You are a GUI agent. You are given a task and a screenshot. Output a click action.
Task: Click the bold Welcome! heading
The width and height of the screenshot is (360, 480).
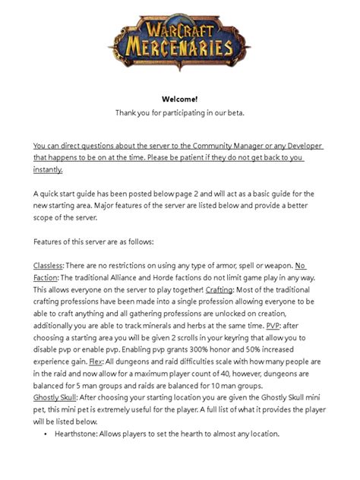(x=180, y=99)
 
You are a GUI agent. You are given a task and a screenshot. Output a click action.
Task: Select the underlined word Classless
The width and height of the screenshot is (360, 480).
(x=48, y=265)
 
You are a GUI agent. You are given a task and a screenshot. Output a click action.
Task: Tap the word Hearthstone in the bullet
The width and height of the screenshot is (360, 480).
(x=79, y=434)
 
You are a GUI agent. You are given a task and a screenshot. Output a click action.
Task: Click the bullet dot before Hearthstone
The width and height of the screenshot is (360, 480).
(x=46, y=434)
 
